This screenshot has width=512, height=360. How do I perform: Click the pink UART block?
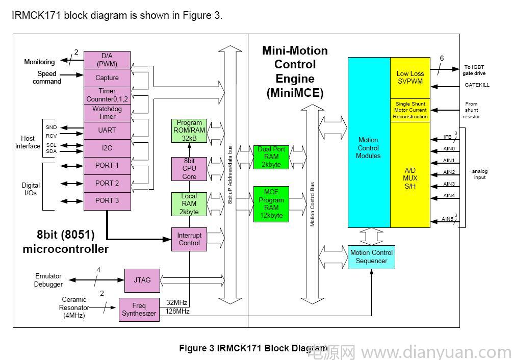107,131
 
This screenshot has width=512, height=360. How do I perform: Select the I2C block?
107,148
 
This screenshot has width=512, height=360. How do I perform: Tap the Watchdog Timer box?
107,113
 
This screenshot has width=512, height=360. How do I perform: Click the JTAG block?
142,280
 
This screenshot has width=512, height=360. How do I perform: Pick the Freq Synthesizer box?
139,310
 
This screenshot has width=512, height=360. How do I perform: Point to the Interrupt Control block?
189,239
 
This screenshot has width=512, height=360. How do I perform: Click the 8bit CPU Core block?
189,169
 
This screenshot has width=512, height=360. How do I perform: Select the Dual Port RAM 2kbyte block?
271,157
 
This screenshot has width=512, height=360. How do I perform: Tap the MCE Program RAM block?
271,204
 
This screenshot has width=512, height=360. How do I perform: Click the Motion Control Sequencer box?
372,257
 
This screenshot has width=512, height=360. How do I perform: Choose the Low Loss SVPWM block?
410,78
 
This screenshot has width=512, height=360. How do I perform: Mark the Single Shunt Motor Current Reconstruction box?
410,110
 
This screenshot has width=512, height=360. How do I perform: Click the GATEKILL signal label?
476,85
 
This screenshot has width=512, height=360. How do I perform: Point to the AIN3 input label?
449,184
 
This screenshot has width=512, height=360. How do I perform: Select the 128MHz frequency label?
177,311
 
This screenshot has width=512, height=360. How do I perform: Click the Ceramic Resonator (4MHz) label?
74,307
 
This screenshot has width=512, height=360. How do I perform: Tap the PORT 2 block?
107,183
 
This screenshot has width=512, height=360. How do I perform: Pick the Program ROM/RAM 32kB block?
189,131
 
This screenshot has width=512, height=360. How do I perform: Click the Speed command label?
47,78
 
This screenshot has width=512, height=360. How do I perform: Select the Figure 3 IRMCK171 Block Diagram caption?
253,348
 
